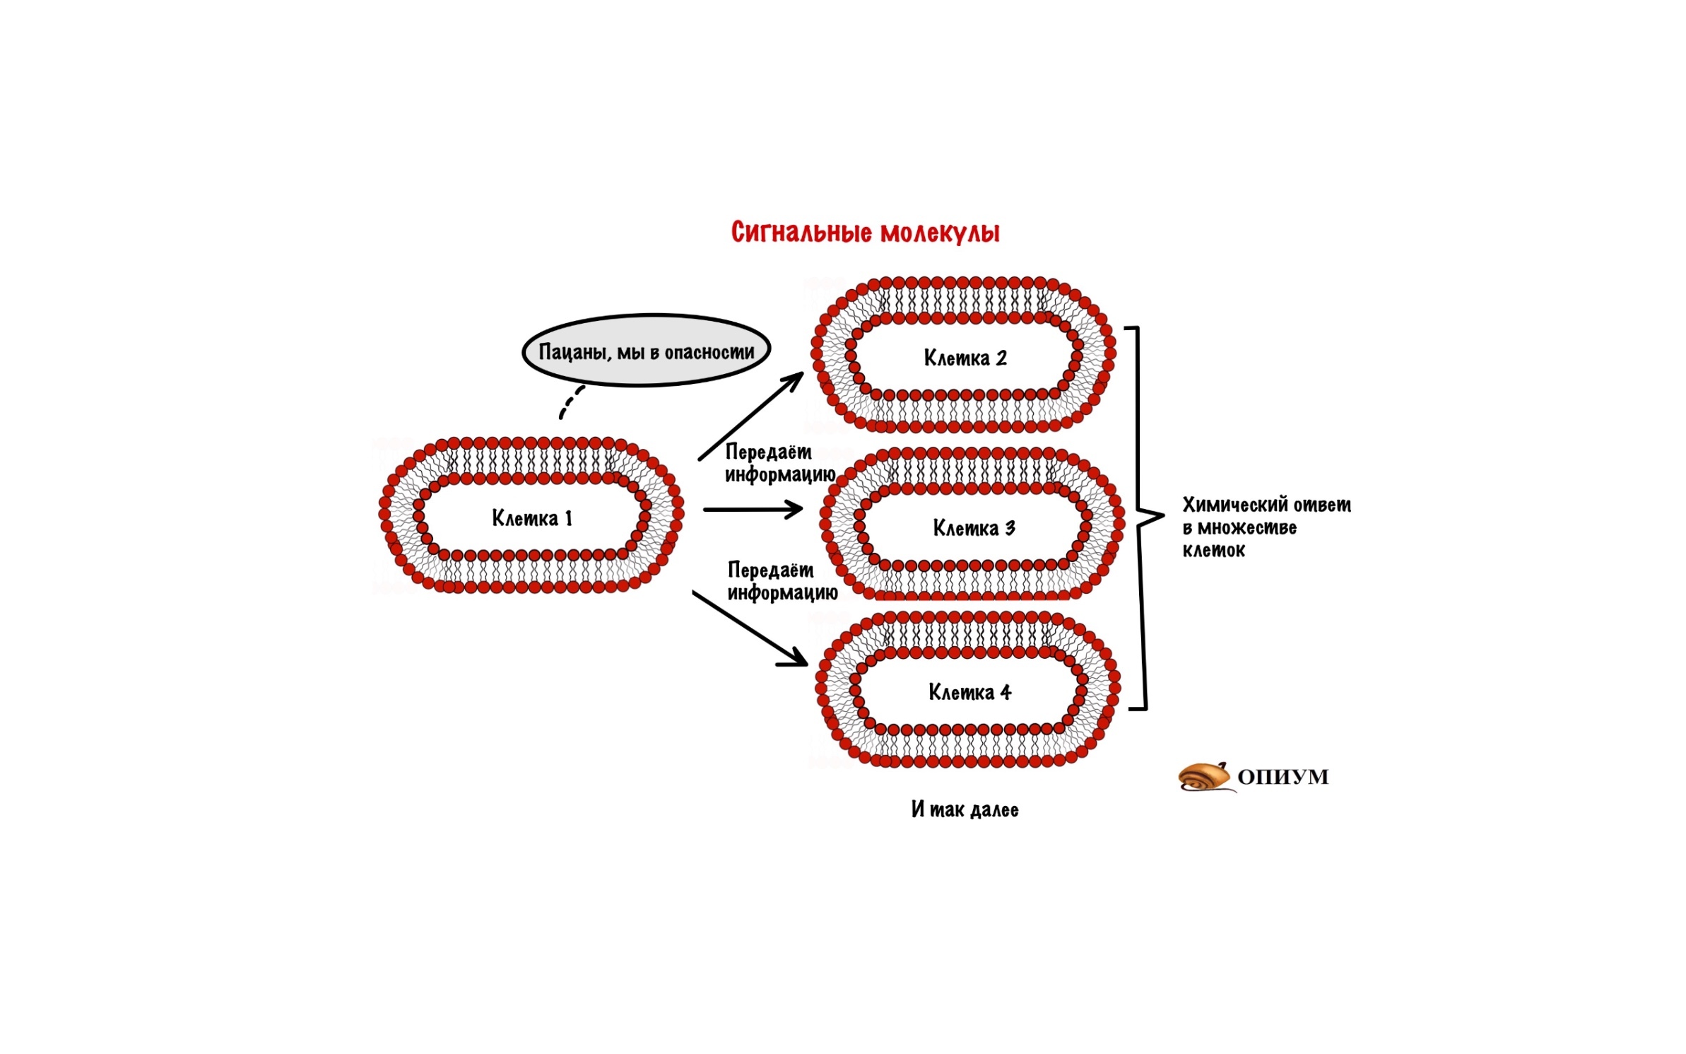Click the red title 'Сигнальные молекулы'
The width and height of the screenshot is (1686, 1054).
[x=865, y=233]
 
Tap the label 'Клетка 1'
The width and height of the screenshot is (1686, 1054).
[x=531, y=518]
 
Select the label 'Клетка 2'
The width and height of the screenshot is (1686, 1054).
[x=965, y=358]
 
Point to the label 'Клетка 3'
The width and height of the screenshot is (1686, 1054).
[x=974, y=527]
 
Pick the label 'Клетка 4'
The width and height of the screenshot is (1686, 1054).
[x=969, y=691]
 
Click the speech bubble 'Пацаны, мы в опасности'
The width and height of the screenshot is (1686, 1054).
[x=646, y=351]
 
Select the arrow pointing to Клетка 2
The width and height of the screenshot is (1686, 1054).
[x=751, y=416]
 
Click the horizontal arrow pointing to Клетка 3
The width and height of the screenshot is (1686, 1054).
[x=753, y=509]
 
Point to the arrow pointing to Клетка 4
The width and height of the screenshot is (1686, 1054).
[x=750, y=628]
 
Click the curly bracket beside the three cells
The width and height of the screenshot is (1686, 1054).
[x=1145, y=518]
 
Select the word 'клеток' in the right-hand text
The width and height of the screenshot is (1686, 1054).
[x=1213, y=550]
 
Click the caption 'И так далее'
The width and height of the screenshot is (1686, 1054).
[x=965, y=809]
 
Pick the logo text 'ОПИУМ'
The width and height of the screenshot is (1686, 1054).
[x=1283, y=777]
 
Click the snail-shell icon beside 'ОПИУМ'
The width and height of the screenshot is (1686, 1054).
[x=1205, y=777]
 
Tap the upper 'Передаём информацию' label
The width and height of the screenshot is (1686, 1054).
[x=780, y=463]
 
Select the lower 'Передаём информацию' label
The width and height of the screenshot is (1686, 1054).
[x=782, y=581]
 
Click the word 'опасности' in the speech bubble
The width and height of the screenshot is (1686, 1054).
[x=709, y=352]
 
